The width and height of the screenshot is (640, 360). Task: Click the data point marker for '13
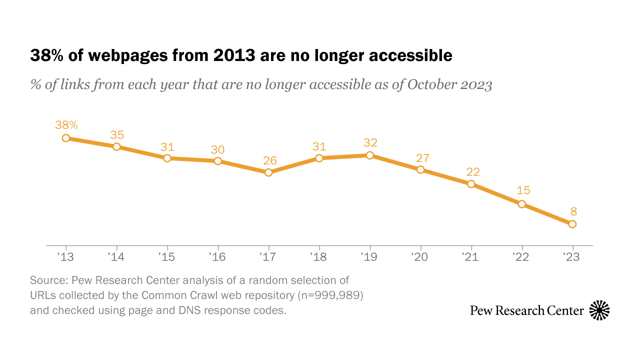[65, 138]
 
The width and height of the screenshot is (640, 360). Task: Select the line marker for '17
[268, 172]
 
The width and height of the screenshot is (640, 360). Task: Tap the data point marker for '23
[572, 224]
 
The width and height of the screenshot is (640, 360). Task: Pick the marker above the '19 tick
[369, 155]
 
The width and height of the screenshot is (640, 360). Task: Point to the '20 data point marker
[420, 169]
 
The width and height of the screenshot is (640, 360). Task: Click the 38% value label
[66, 124]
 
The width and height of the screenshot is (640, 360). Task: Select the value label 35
[117, 134]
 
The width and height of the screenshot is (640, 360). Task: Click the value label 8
[573, 211]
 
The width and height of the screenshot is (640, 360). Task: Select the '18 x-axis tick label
[318, 257]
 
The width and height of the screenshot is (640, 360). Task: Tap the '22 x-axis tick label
[521, 257]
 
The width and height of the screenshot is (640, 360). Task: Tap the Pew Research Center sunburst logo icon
[599, 310]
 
